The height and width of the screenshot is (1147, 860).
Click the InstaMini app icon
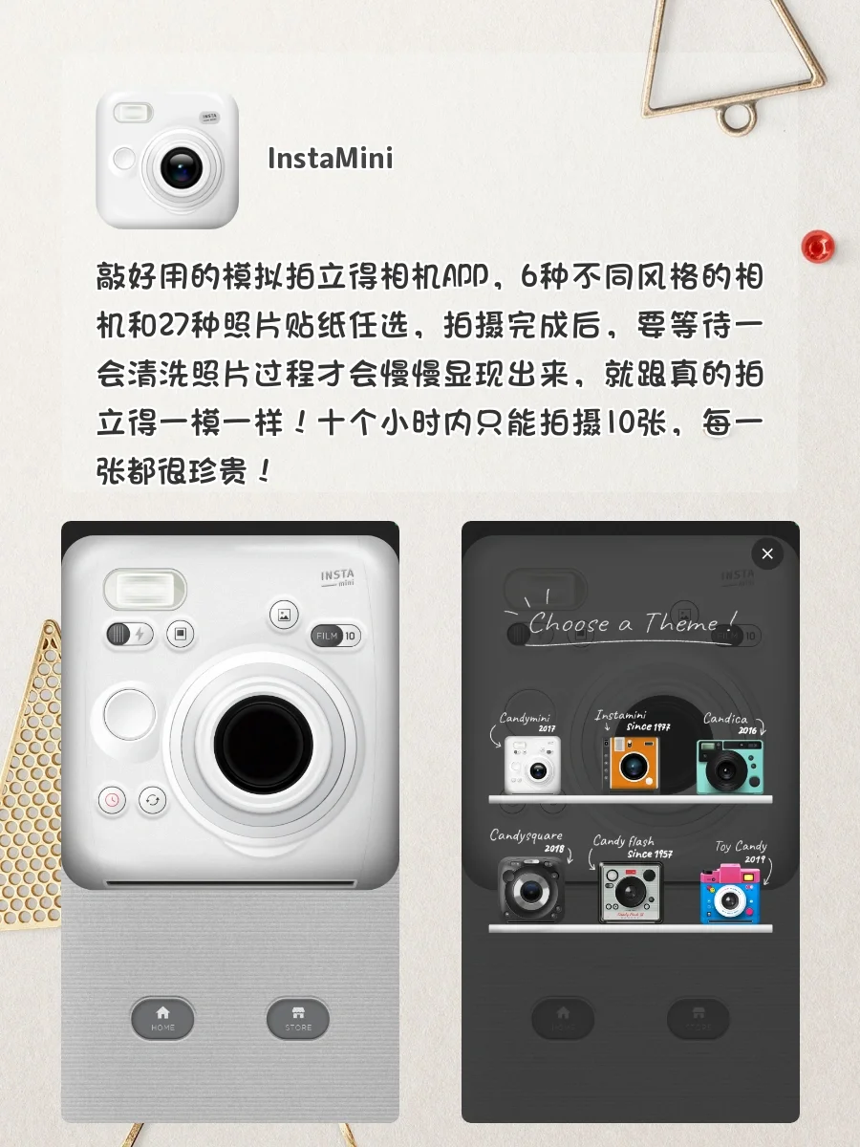coord(166,160)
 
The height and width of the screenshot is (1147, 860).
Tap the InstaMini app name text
coord(331,158)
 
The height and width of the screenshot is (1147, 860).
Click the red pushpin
coord(818,247)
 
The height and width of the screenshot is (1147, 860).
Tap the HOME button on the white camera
coord(162,1018)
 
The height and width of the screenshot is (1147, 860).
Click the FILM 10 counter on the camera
coord(335,636)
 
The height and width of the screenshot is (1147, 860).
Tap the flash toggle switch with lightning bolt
coord(130,633)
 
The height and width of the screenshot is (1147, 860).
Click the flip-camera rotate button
coord(153,800)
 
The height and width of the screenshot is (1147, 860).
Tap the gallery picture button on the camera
coord(284,617)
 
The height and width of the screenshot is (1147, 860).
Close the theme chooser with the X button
coord(766,553)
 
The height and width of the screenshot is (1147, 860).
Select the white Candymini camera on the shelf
coord(530,765)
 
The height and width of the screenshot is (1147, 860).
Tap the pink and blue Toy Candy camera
coord(731,894)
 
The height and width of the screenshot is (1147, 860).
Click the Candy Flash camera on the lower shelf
coord(631,891)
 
